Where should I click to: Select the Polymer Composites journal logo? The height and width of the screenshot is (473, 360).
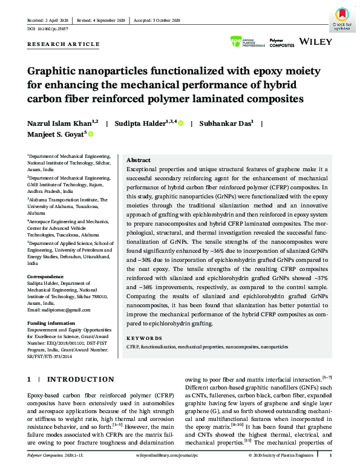[x=281, y=43]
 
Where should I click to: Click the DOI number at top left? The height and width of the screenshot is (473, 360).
[x=48, y=28]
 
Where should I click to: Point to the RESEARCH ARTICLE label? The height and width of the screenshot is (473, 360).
[x=64, y=44]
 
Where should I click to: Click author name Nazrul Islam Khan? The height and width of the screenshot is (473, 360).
[x=61, y=123]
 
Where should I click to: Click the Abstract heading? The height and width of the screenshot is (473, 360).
[x=139, y=161]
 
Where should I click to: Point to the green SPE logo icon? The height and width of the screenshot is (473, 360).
[x=236, y=42]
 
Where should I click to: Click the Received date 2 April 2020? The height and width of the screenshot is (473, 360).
[x=49, y=21]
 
